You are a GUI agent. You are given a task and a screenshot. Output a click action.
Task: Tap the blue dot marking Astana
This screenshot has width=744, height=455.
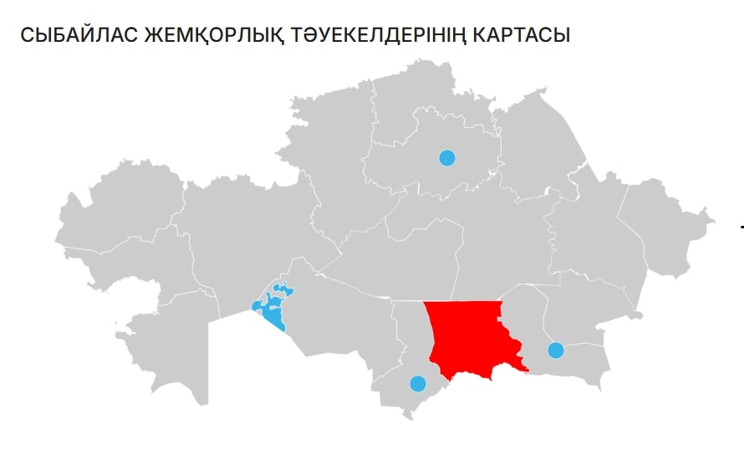point(447,157)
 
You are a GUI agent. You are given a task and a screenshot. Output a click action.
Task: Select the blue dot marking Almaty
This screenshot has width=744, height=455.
point(555,350)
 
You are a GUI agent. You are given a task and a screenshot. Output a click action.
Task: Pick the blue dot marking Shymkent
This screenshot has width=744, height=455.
point(417,384)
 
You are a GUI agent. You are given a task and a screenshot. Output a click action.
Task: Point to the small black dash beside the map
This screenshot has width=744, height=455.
point(741,227)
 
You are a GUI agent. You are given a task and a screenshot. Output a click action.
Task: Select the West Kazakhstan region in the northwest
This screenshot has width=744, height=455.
point(117,201)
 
